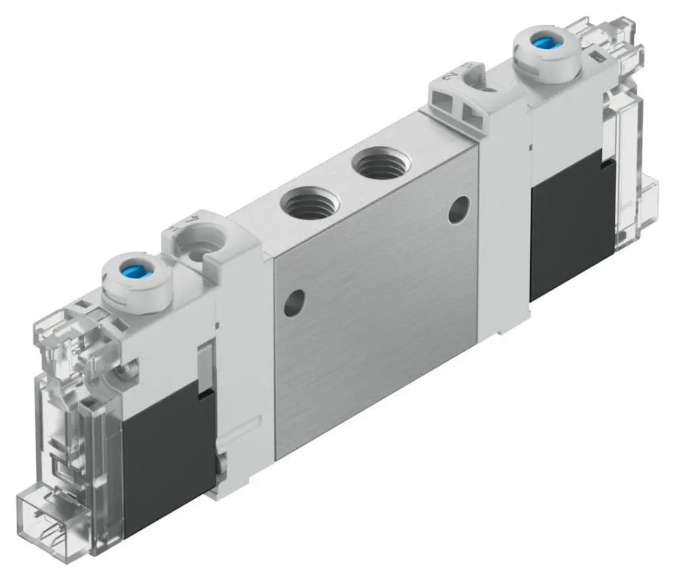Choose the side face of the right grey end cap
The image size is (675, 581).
click(x=504, y=213)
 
